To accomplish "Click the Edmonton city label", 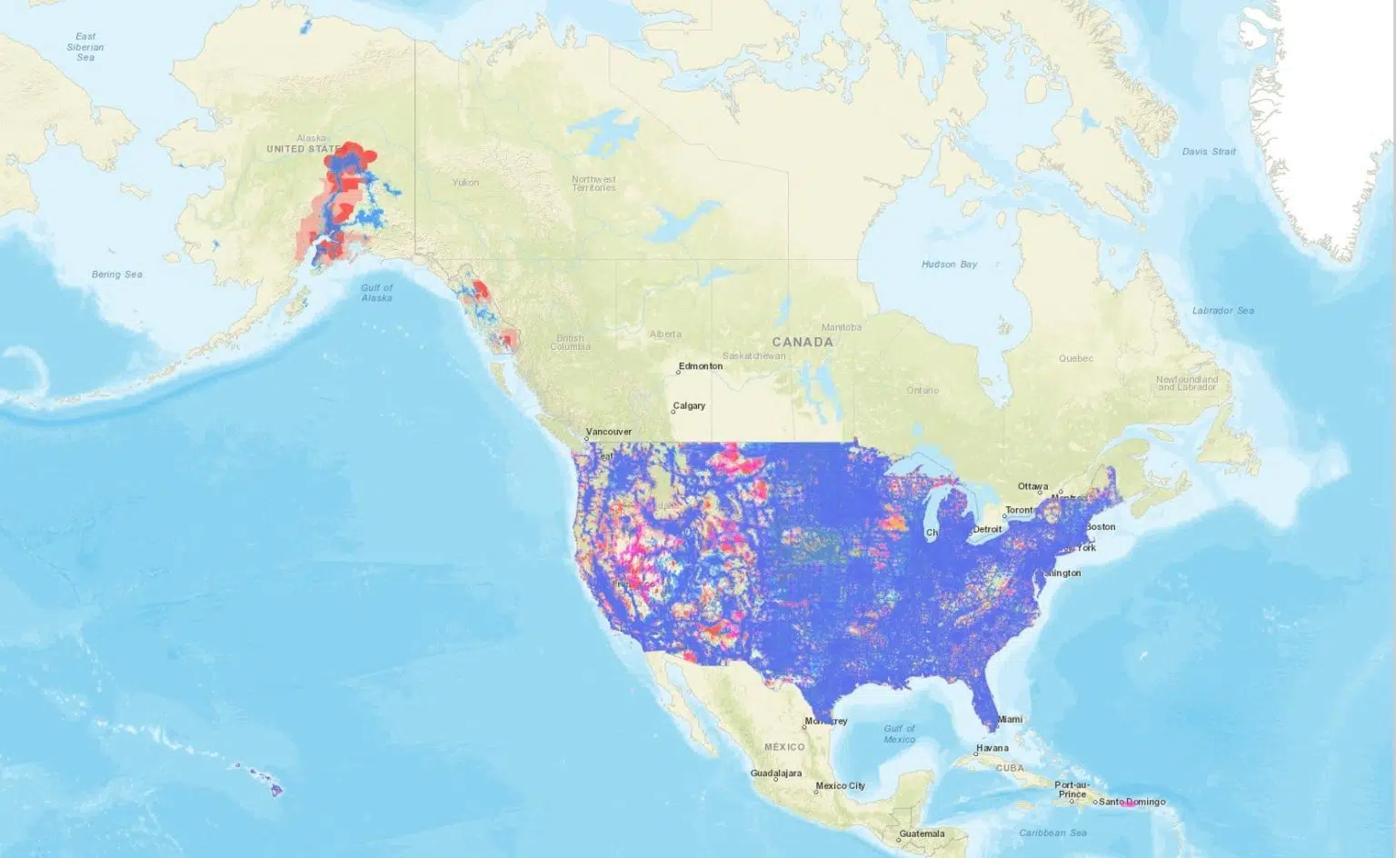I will [x=701, y=366].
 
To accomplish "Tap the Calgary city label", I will [x=689, y=406].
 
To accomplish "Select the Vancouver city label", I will [x=609, y=432].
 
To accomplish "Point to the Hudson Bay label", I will [x=949, y=264].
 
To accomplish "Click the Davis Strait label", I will [x=1209, y=152].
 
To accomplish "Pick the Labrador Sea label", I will [x=1222, y=311].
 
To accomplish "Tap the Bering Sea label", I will [x=117, y=274].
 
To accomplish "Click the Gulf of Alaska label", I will [x=376, y=293].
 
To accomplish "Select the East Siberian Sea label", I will [x=85, y=47].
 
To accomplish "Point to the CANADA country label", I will [x=803, y=343].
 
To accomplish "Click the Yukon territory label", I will [x=465, y=183].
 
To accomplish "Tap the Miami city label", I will [x=1010, y=719].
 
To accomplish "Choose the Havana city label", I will [x=992, y=749].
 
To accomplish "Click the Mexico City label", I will [x=841, y=786].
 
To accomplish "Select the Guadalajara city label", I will [x=776, y=773].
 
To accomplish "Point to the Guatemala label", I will [x=922, y=833].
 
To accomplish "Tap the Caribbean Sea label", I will [x=1052, y=833].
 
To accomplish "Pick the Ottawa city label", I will [x=1032, y=487].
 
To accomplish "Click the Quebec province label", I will [x=1076, y=358].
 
